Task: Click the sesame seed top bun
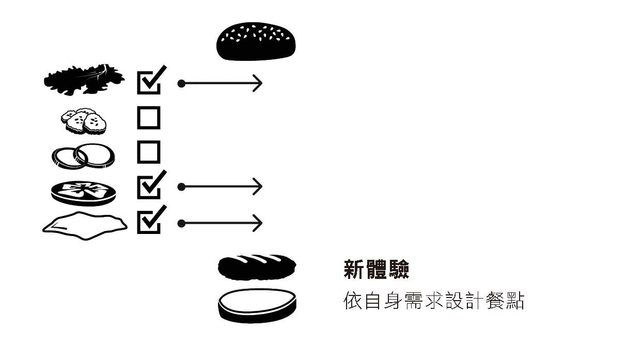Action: [256, 41]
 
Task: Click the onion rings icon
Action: [83, 155]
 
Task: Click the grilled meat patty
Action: [257, 266]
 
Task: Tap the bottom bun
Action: [257, 305]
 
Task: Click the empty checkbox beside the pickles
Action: [149, 118]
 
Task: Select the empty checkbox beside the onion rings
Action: [149, 152]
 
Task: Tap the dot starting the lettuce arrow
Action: [181, 83]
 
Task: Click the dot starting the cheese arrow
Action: [181, 223]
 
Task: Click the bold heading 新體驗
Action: [376, 270]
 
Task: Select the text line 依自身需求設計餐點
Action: [434, 301]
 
